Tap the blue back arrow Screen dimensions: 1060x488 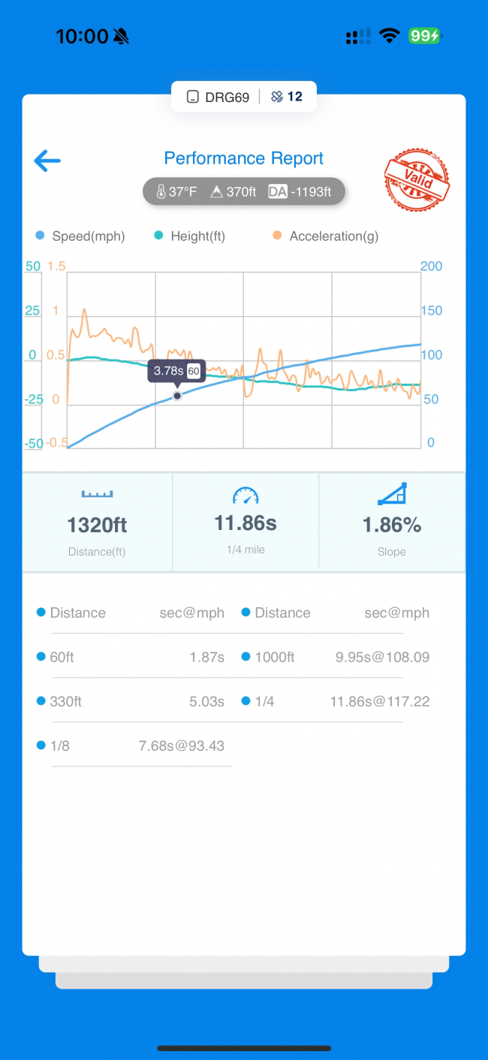[47, 160]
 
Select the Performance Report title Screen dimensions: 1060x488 [244, 158]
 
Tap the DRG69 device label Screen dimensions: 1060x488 [218, 97]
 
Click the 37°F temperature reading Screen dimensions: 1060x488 [176, 191]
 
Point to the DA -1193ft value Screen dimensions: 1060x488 [300, 191]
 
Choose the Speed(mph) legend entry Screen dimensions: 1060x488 [80, 236]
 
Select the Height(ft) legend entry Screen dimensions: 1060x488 [190, 236]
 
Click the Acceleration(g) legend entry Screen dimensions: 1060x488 [326, 236]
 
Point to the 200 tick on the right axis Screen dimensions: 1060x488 [432, 267]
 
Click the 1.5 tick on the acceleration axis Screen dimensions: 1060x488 [57, 267]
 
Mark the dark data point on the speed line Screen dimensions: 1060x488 [177, 396]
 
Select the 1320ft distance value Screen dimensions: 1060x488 [97, 525]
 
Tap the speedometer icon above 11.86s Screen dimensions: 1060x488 [246, 495]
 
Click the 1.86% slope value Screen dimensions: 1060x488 [392, 525]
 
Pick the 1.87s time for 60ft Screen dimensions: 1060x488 [206, 658]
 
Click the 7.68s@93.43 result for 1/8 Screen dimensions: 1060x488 [182, 746]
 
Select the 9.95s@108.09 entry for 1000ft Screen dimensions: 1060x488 [382, 658]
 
